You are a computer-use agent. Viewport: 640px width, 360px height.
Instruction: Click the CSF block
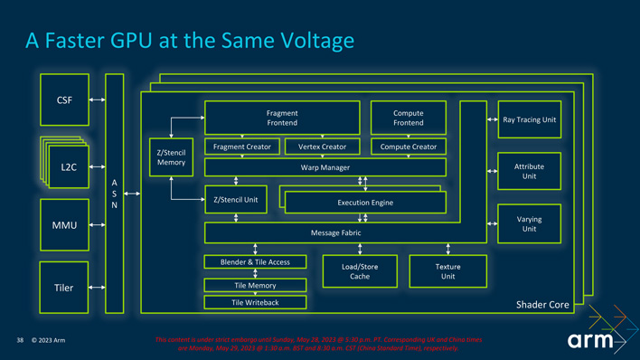pos(64,99)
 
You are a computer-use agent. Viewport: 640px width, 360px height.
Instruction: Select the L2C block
pos(69,167)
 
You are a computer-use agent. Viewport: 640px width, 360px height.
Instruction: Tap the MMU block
pos(64,224)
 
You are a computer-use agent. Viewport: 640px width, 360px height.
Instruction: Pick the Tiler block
pos(64,288)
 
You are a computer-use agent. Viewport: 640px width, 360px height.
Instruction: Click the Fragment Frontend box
pos(282,118)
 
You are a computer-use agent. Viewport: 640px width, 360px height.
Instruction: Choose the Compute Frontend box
pos(409,118)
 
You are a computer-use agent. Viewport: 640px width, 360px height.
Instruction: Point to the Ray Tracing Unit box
pos(529,119)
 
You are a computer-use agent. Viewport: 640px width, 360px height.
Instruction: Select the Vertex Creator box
pos(322,147)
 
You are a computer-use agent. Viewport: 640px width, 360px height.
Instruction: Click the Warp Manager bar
pos(325,167)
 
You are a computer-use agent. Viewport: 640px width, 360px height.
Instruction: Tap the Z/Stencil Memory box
pos(171,157)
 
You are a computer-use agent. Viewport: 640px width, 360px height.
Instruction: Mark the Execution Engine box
pos(365,203)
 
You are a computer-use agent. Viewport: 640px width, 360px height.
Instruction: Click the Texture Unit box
pos(447,271)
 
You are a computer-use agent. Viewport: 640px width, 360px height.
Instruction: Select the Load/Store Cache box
pos(360,271)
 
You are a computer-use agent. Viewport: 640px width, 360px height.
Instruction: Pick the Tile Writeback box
pos(255,302)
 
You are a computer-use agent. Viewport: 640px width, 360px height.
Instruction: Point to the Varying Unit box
pos(529,223)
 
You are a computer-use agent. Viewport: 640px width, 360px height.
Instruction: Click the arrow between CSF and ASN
pos(97,99)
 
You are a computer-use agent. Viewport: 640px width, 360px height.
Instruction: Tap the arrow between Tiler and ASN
pos(97,288)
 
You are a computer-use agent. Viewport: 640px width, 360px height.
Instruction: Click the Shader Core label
pos(542,305)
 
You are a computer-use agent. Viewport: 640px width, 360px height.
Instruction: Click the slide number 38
pos(19,341)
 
